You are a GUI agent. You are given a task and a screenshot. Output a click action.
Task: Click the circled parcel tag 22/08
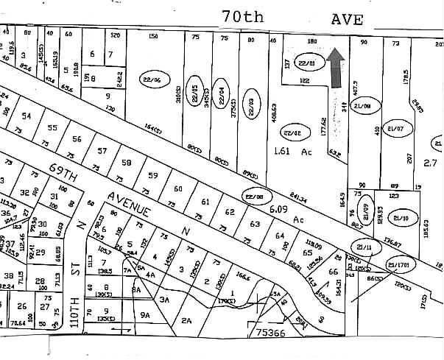tap(255, 196)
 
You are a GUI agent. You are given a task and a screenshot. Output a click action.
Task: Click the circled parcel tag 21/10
tap(401, 218)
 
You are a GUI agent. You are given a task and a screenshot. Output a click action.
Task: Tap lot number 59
tap(152, 174)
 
